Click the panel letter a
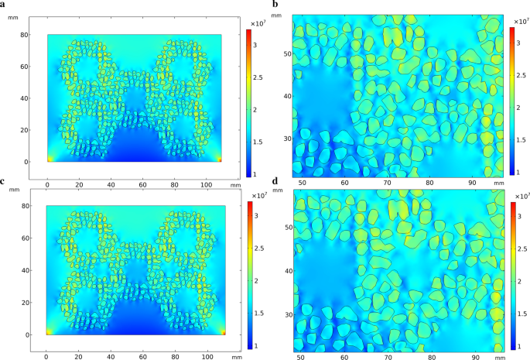pyautogui.click(x=5, y=6)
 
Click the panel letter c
pyautogui.click(x=5, y=182)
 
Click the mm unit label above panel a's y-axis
pyautogui.click(x=12, y=17)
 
